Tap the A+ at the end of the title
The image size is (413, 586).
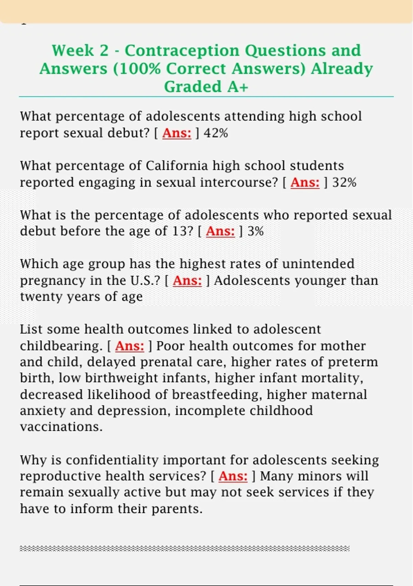(237, 87)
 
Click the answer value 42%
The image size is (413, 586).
(216, 133)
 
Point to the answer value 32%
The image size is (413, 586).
(344, 182)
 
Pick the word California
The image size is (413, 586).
(177, 166)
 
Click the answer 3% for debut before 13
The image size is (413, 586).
(255, 231)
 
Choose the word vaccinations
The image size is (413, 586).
(61, 427)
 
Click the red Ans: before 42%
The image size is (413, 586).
(177, 133)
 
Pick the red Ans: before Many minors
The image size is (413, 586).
(233, 476)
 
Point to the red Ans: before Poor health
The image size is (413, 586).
(129, 346)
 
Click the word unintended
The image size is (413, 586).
(318, 264)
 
